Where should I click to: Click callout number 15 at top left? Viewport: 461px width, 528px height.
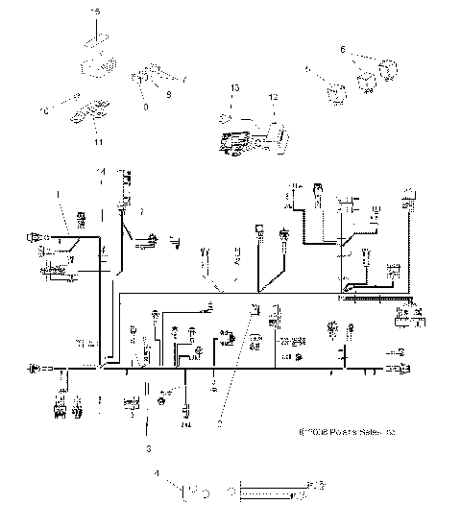click(94, 10)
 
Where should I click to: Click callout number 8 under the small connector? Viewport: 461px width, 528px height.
click(147, 107)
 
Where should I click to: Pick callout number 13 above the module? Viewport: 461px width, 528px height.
click(232, 87)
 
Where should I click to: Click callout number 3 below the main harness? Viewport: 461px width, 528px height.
click(147, 447)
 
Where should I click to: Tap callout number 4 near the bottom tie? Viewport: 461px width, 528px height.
click(158, 474)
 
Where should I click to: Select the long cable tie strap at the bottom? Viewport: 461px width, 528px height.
click(274, 491)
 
